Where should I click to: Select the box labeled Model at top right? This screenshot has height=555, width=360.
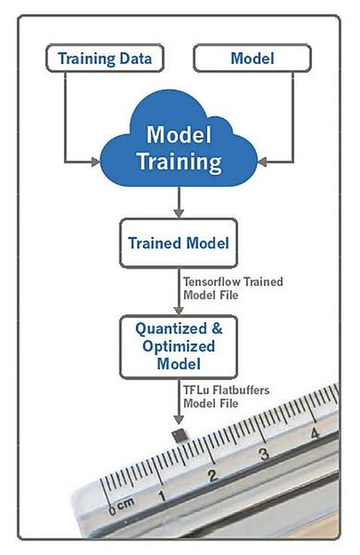pos(252,59)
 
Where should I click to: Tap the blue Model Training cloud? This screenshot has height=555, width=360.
pos(180,149)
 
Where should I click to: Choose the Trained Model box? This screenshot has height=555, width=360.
pos(180,245)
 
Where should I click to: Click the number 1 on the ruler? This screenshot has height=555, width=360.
pos(164,495)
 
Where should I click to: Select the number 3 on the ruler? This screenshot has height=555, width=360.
pos(265,454)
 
